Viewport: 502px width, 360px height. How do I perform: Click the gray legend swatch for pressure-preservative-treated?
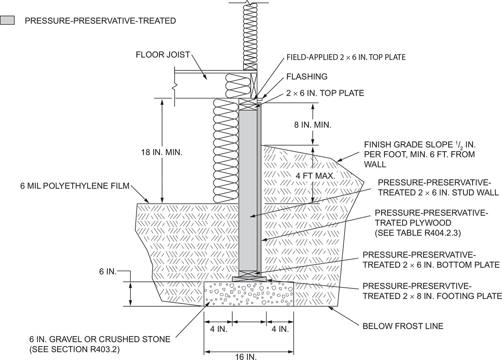pyautogui.click(x=7, y=20)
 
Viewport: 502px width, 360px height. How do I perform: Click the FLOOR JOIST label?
pyautogui.click(x=163, y=54)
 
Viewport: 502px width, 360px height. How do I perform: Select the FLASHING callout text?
pyautogui.click(x=306, y=76)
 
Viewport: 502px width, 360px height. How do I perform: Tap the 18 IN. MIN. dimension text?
pyautogui.click(x=161, y=152)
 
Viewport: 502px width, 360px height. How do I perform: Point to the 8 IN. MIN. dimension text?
pyautogui.click(x=313, y=125)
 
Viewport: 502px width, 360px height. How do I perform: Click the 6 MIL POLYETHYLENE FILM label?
pyautogui.click(x=75, y=185)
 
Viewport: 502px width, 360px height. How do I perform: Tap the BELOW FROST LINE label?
pyautogui.click(x=403, y=326)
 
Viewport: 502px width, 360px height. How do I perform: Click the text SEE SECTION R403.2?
pyautogui.click(x=75, y=350)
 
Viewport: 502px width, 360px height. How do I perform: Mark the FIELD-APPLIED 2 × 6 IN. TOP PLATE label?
pyautogui.click(x=346, y=57)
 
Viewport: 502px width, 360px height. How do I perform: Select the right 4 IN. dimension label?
pyautogui.click(x=280, y=329)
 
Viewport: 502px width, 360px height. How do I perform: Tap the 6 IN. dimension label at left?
pyautogui.click(x=107, y=271)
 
